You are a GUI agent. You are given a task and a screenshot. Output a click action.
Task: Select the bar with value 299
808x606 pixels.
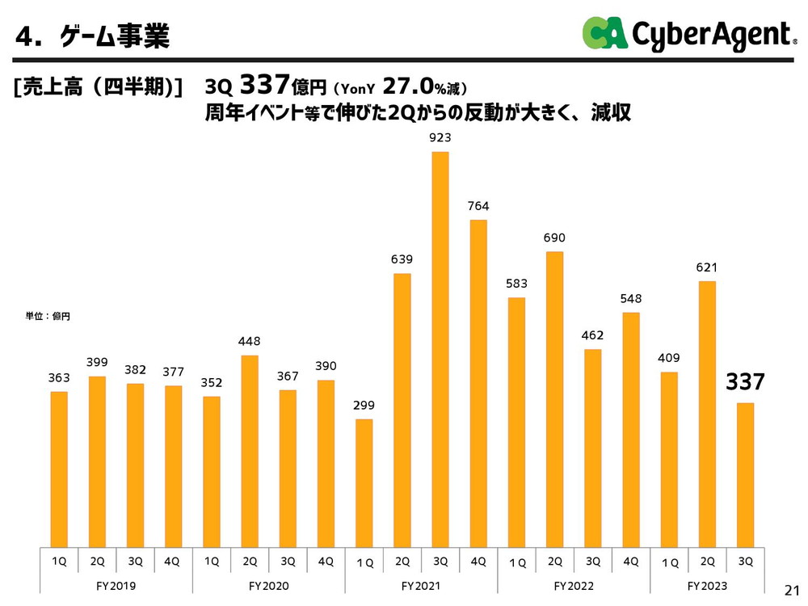(364, 483)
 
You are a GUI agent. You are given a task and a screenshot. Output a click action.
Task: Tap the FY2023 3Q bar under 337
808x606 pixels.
(745, 475)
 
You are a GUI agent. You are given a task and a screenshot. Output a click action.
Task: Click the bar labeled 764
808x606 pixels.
(478, 384)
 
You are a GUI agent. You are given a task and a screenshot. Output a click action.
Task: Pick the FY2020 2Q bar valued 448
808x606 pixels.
(250, 451)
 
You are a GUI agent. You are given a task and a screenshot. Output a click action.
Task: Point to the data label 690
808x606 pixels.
(554, 238)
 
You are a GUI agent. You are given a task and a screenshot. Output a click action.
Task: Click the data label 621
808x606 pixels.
(707, 267)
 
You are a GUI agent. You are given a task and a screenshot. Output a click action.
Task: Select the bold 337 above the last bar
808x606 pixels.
(744, 382)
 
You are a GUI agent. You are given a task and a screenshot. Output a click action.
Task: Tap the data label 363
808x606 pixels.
(58, 377)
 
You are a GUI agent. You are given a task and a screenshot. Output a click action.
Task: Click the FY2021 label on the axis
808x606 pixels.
(420, 585)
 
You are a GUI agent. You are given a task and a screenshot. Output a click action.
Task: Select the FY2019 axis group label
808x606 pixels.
(116, 585)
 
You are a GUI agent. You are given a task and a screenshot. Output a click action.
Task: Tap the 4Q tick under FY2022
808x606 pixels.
(631, 562)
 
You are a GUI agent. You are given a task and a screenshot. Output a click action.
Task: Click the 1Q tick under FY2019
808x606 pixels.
(58, 562)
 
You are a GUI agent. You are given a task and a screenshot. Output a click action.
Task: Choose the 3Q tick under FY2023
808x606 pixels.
(745, 562)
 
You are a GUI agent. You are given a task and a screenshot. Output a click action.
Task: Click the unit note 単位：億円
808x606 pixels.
(48, 316)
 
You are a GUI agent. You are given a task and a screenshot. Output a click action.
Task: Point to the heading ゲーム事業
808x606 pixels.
(114, 36)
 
